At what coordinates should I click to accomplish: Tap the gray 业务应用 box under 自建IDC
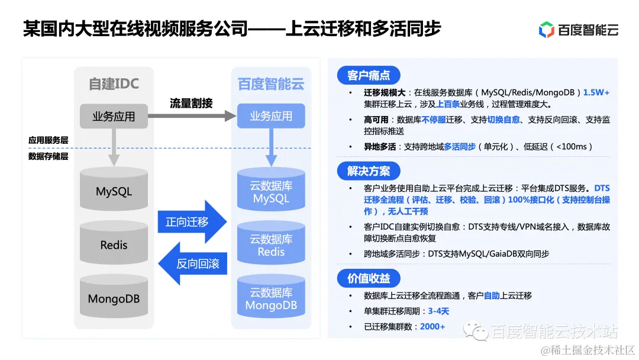click(x=114, y=117)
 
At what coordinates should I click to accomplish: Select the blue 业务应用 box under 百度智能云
click(x=271, y=116)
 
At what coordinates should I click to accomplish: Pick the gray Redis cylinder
click(x=114, y=244)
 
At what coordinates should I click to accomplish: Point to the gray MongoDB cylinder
click(x=114, y=298)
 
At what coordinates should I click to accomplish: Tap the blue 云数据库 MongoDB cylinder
click(x=271, y=298)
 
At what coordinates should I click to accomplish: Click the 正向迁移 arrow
click(x=191, y=222)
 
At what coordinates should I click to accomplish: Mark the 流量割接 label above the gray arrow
click(x=191, y=102)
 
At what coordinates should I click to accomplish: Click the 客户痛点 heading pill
click(x=369, y=75)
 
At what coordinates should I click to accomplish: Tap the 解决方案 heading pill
click(x=369, y=172)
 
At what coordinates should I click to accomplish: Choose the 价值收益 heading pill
click(x=369, y=279)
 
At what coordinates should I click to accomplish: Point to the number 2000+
click(x=432, y=327)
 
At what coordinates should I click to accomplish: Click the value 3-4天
click(x=438, y=311)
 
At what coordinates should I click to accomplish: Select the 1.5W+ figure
click(x=596, y=93)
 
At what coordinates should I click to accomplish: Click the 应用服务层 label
click(x=49, y=140)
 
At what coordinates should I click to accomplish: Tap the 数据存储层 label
click(x=49, y=156)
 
